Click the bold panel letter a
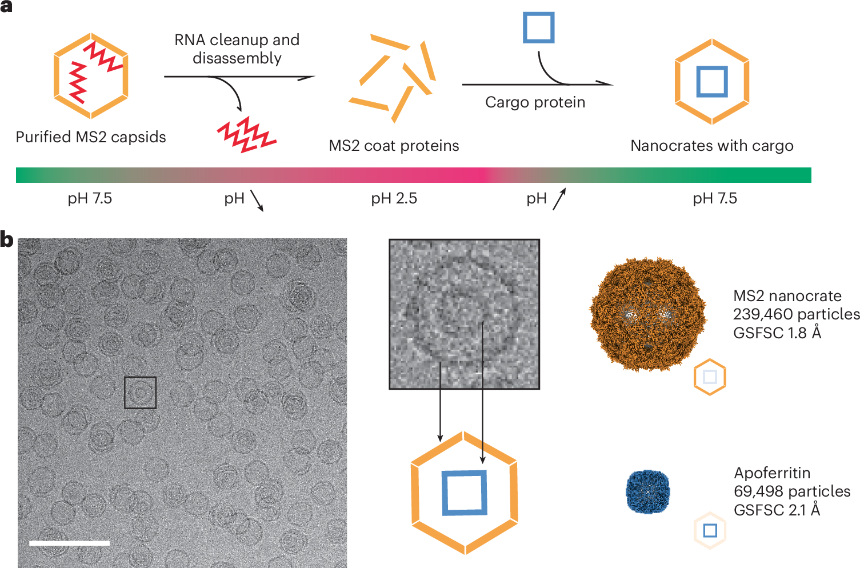(x=6, y=6)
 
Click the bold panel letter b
(x=7, y=239)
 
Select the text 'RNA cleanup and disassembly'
(x=237, y=49)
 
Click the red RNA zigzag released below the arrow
(x=247, y=134)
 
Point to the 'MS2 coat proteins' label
(x=394, y=146)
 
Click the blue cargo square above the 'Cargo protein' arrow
(x=539, y=27)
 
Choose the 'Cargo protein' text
(x=535, y=102)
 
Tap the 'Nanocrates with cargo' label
(x=712, y=146)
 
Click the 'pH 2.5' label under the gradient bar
(x=394, y=198)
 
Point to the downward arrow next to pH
(x=257, y=201)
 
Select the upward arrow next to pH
(x=559, y=199)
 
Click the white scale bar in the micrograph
(x=70, y=543)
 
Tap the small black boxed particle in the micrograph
(x=140, y=393)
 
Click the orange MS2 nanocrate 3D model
(x=647, y=314)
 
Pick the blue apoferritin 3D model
(x=648, y=492)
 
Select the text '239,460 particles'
(x=796, y=314)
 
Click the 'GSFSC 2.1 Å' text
(x=777, y=510)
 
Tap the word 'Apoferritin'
(x=772, y=474)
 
